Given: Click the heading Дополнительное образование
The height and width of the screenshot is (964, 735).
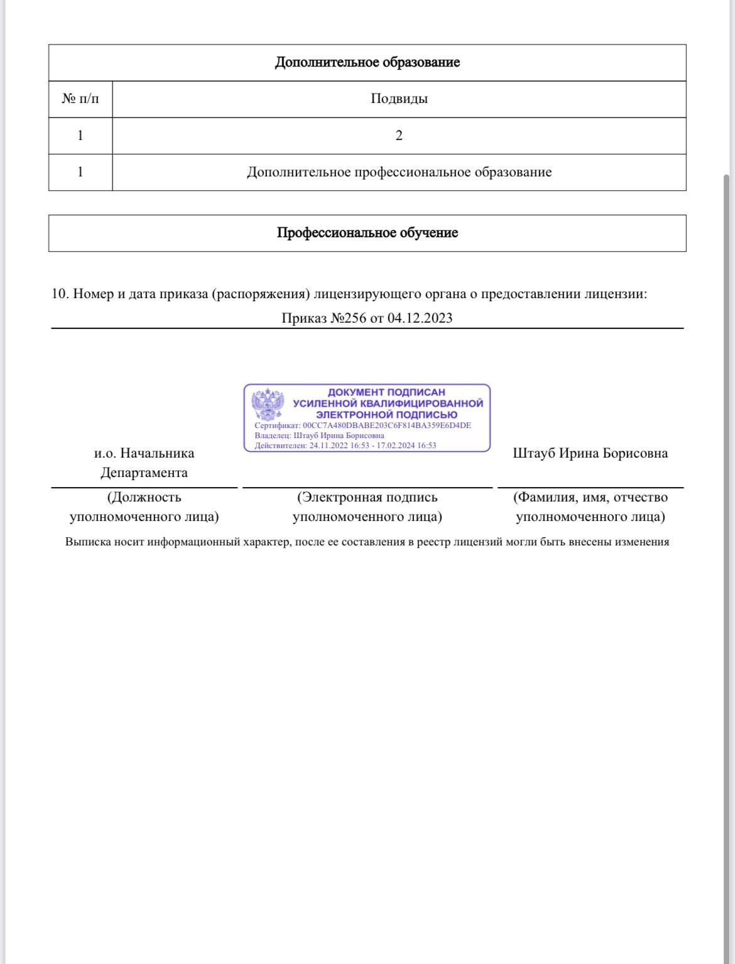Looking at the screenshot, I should click(367, 63).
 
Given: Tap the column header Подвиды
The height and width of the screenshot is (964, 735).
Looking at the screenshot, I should click(399, 99).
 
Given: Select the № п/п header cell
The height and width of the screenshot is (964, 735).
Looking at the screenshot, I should click(80, 99).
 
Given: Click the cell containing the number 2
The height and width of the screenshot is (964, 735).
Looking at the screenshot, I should click(399, 136).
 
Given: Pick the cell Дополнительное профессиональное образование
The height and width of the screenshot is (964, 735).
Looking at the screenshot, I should click(399, 172).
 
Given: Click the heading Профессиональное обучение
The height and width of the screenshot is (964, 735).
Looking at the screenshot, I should click(367, 233).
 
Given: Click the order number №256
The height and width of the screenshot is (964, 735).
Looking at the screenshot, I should click(348, 318).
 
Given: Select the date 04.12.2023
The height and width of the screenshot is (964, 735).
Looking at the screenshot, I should click(420, 318).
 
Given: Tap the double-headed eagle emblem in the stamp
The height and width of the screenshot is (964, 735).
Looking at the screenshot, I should click(268, 405).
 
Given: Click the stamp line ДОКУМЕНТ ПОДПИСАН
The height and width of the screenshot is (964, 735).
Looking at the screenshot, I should click(386, 392).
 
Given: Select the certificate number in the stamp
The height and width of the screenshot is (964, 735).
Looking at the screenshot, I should click(387, 426).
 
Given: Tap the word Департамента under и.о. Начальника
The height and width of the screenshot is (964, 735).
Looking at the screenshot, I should click(144, 473).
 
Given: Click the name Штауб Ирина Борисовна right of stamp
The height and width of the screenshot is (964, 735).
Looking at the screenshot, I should click(590, 453).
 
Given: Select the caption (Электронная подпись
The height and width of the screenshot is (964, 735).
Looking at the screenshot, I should click(367, 497).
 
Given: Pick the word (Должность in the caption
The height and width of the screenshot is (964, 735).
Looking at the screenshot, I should click(144, 497).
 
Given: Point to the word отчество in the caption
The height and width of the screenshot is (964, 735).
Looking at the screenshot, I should click(640, 497).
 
